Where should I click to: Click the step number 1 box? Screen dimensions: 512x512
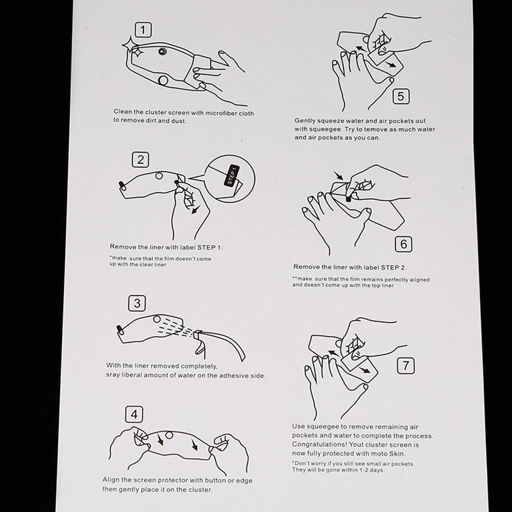143,30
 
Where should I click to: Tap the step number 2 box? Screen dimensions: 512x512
140,160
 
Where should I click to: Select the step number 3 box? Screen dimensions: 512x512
137,303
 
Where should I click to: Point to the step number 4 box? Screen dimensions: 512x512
134,414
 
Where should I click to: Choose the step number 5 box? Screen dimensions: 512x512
401,96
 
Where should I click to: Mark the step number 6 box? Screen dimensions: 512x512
403,244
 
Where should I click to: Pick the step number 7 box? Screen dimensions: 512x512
406,366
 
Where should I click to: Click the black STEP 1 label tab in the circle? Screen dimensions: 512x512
231,176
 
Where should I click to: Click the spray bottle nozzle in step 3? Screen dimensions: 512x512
197,334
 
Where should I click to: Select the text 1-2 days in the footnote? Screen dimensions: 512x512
371,470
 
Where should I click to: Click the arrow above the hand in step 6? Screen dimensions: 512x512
338,176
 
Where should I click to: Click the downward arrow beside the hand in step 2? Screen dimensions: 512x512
196,209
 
